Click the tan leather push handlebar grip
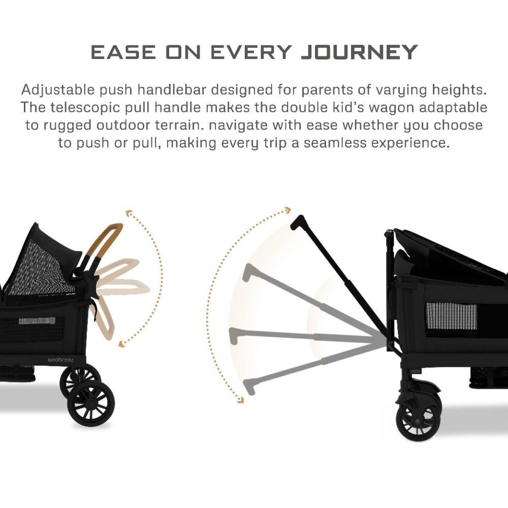[107, 236]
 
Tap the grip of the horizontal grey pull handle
[234, 333]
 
